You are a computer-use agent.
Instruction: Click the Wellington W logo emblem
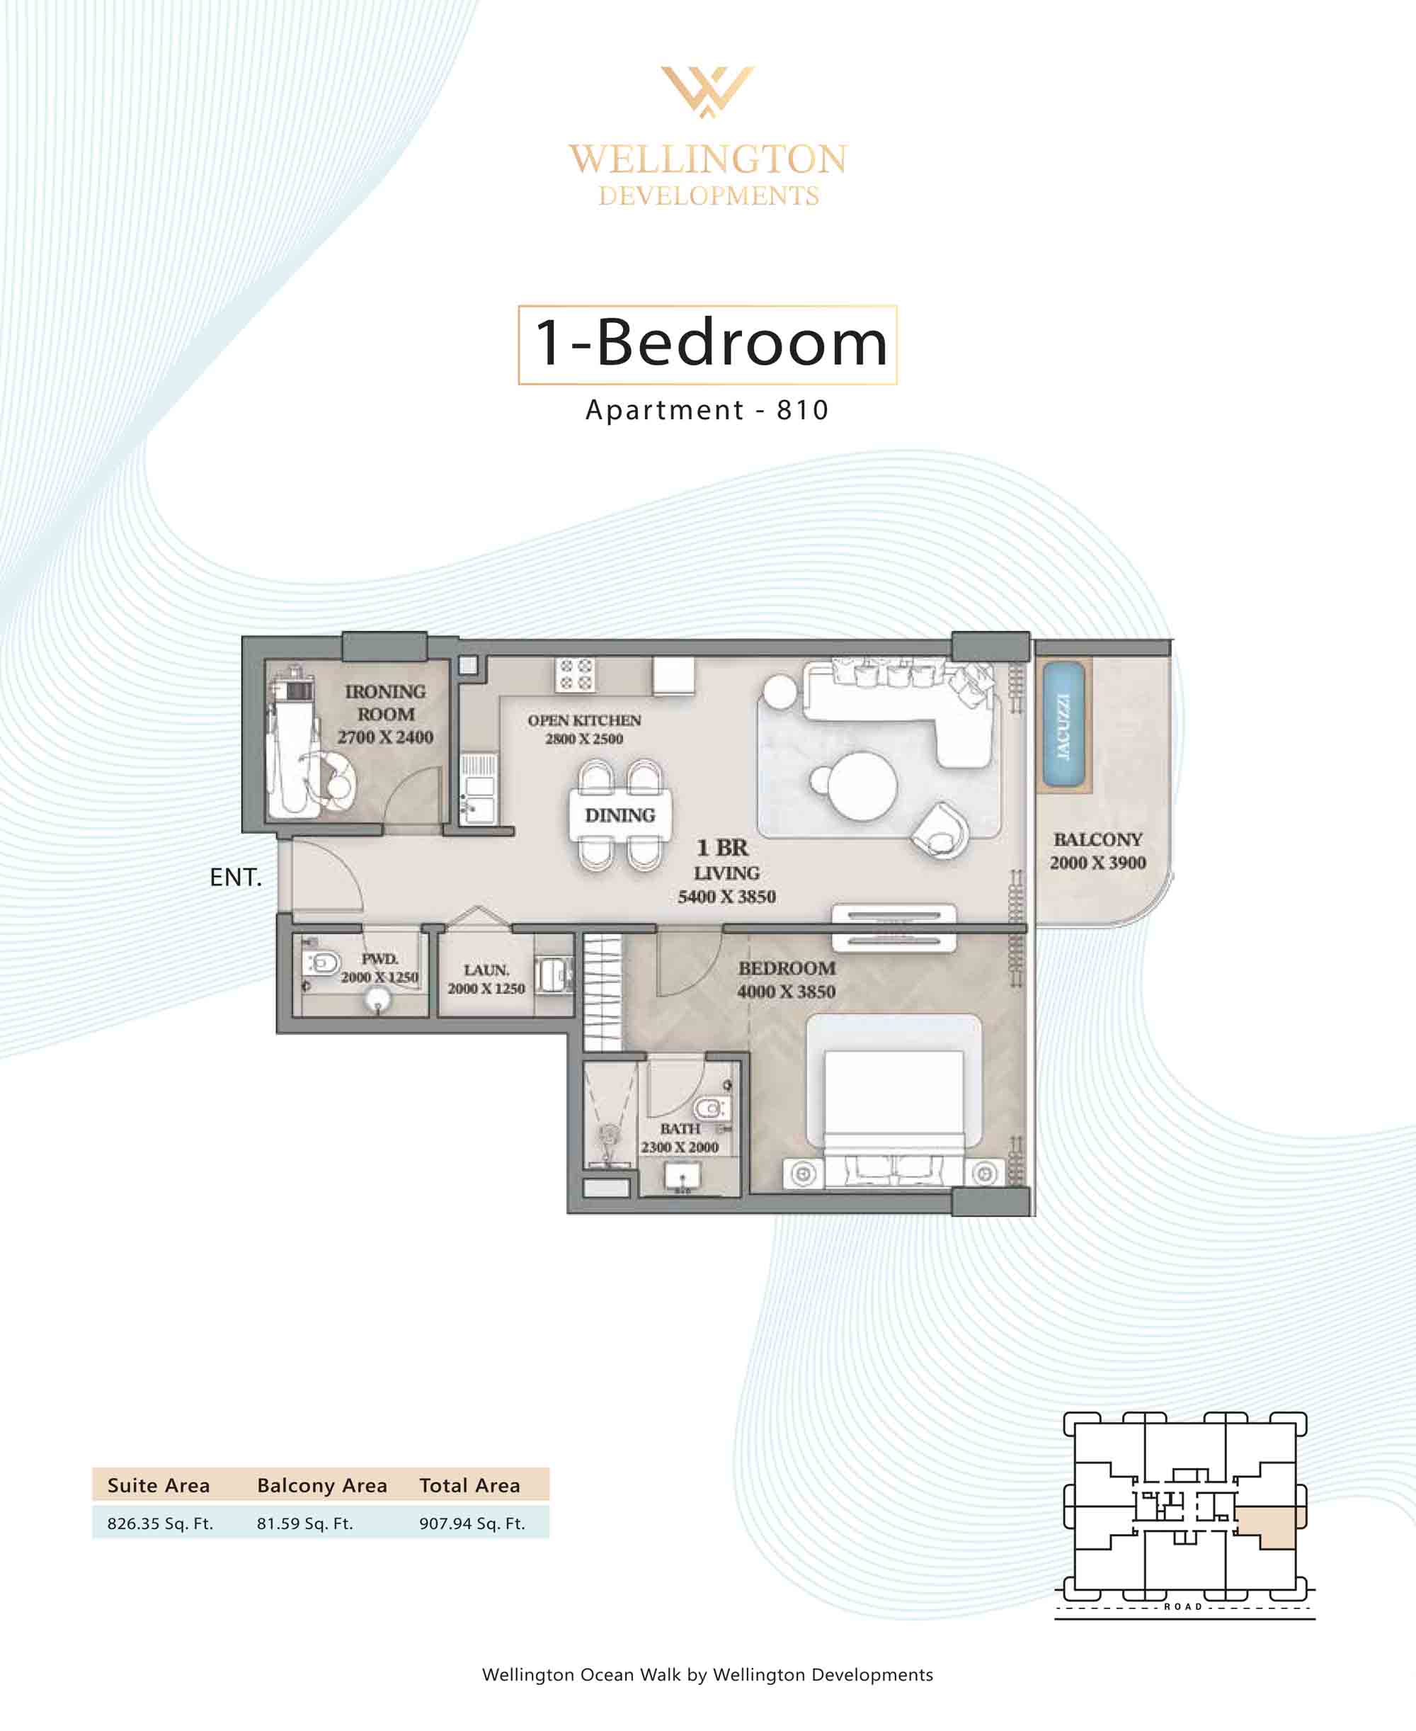707,91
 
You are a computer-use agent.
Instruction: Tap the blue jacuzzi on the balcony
1063,726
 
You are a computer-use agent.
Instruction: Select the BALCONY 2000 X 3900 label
1098,851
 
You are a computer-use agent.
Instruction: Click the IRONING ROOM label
385,703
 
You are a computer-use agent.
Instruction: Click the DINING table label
620,815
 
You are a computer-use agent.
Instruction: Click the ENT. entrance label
236,877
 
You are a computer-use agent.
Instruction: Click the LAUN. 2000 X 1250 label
486,979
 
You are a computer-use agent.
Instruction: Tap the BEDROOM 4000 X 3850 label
787,980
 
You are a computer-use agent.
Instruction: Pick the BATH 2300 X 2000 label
680,1138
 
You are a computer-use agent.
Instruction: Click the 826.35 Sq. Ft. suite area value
160,1523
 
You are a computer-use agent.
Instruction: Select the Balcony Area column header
322,1485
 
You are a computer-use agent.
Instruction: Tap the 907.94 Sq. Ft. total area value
472,1523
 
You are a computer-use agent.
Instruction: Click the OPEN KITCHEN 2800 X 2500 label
584,730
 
